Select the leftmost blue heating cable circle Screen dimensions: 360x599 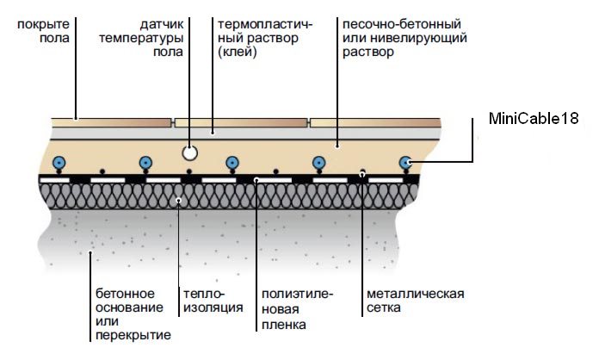pyautogui.click(x=59, y=162)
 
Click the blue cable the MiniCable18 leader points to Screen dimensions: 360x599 pyautogui.click(x=405, y=162)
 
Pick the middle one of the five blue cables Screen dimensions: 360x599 pyautogui.click(x=232, y=162)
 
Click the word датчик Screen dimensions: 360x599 pyautogui.click(x=162, y=24)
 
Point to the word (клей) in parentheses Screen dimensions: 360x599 pyautogui.click(x=238, y=52)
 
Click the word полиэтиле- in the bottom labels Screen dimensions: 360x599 pyautogui.click(x=297, y=294)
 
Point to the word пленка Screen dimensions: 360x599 pyautogui.click(x=285, y=325)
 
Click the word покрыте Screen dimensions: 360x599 pyautogui.click(x=43, y=24)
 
